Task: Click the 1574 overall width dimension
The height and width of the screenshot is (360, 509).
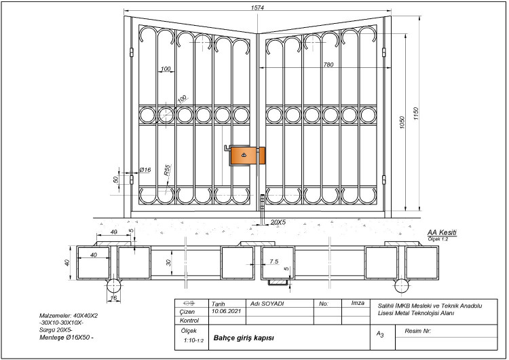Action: [257, 7]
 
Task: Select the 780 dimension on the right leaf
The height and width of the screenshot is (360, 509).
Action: [328, 65]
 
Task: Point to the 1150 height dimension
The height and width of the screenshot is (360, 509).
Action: [416, 114]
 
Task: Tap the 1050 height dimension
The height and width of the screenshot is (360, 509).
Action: [402, 122]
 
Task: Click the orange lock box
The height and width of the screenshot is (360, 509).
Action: [248, 156]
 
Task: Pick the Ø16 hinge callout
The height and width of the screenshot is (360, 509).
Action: [145, 170]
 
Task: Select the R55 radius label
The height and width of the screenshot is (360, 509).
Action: [166, 170]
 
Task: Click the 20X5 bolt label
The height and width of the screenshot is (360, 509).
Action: [278, 222]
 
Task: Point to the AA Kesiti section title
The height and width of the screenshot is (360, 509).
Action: [442, 232]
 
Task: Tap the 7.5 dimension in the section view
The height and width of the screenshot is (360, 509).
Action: [274, 262]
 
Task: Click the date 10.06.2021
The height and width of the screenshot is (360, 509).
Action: [226, 311]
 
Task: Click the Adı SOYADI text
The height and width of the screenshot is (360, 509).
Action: [267, 304]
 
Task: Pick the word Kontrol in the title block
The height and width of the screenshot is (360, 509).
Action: [189, 321]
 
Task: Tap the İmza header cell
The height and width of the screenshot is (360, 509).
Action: [358, 303]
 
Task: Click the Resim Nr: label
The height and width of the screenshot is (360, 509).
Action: [418, 331]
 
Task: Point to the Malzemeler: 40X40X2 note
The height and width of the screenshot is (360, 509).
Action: [69, 315]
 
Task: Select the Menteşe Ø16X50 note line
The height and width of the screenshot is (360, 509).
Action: [67, 338]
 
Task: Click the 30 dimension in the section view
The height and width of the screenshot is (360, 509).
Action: [168, 262]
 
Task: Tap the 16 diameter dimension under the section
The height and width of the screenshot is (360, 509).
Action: [113, 298]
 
